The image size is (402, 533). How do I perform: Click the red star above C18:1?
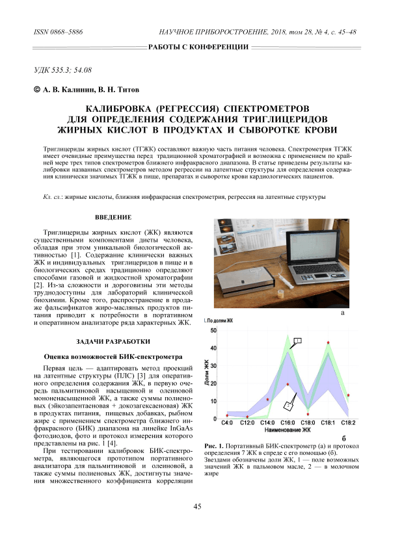[x=328, y=343]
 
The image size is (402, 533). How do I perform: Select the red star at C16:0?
[x=288, y=384]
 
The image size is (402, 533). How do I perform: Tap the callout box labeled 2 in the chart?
[x=286, y=406]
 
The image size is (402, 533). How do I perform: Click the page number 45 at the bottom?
[x=200, y=506]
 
